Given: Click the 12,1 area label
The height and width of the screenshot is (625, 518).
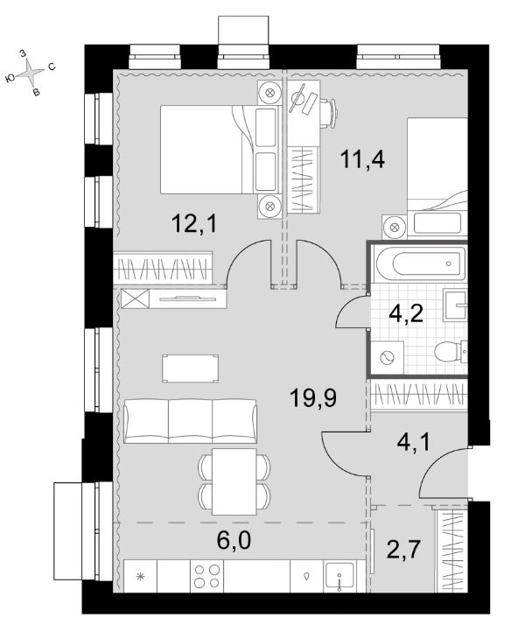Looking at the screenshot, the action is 194,223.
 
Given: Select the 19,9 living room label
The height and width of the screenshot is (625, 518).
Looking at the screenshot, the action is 313,397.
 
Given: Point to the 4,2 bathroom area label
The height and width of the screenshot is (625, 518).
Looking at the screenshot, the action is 406,314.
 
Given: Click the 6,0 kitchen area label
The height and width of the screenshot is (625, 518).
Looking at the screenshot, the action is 234,540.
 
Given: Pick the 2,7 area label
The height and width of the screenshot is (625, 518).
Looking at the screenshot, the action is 403,549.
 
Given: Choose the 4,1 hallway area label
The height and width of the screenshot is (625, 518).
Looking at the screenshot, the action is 414,442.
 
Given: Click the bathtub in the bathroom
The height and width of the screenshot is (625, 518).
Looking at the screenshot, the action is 421,263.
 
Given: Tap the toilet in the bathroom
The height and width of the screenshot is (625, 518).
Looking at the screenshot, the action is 451,352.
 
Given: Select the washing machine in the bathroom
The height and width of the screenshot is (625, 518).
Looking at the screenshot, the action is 387,357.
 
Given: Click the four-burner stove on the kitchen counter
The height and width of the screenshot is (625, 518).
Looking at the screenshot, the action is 206,576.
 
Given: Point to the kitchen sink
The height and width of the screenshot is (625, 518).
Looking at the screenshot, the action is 339,576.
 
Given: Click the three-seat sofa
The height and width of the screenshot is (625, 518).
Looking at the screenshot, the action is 190,421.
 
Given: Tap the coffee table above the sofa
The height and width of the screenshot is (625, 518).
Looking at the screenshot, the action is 191,369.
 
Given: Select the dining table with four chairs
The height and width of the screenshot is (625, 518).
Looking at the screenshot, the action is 234,481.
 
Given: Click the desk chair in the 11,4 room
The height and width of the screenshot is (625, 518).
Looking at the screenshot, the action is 329,114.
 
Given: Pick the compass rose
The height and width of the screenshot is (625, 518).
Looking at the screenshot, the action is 31,73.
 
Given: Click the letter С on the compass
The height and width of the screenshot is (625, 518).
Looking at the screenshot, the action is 52,67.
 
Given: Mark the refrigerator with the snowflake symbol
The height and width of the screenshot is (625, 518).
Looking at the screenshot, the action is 140,576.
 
